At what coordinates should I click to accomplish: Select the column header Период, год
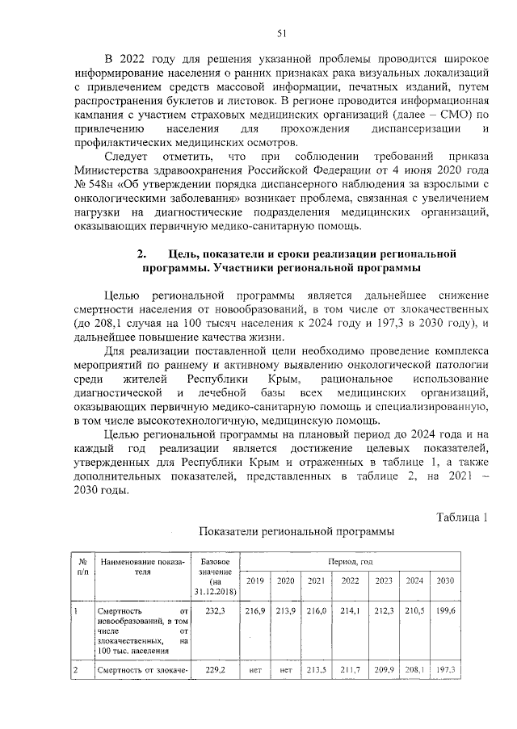350,559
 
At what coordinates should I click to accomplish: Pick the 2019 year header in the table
254,581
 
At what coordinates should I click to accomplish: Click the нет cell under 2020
285,669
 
